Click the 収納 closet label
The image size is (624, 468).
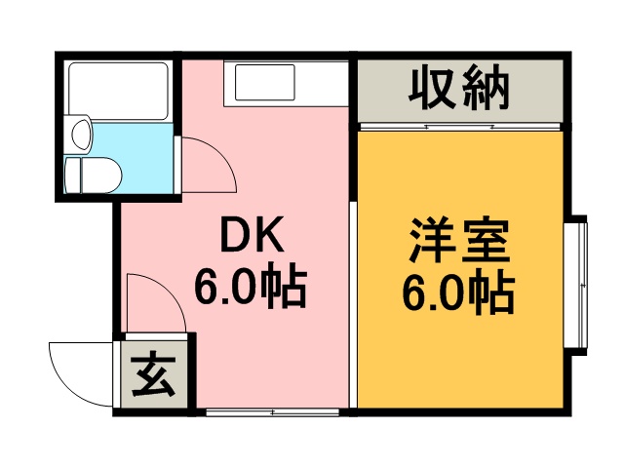point(459,90)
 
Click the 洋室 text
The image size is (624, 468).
point(459,239)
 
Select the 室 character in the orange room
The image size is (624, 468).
point(487,239)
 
